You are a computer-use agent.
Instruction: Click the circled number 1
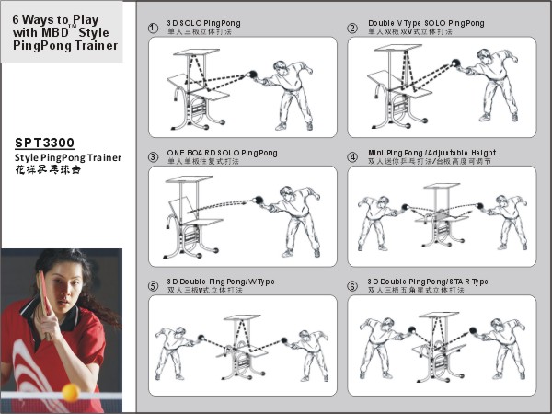[x=153, y=28]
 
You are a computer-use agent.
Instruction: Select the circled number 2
[x=352, y=28]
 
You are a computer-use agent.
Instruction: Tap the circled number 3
[x=153, y=156]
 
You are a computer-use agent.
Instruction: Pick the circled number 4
[x=352, y=156]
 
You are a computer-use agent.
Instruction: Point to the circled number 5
[x=153, y=286]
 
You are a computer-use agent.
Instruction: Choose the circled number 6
[x=352, y=286]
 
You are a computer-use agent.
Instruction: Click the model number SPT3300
[x=45, y=143]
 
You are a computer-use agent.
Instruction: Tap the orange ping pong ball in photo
[x=70, y=392]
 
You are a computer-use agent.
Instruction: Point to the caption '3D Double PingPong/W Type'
[x=220, y=282]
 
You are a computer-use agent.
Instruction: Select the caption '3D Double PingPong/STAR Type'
[x=428, y=282]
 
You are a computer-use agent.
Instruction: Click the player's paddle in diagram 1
[x=252, y=75]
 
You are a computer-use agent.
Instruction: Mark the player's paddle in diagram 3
[x=260, y=199]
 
